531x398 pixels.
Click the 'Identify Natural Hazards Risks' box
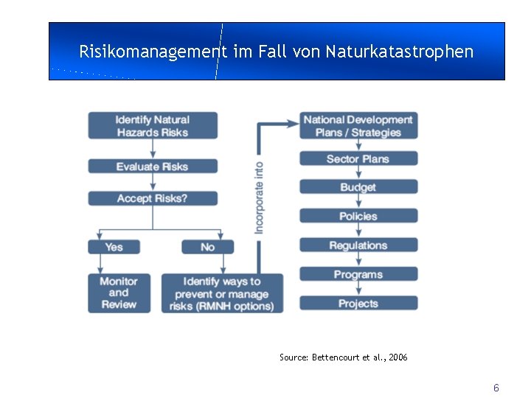pyautogui.click(x=153, y=125)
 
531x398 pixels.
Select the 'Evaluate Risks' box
pyautogui.click(x=153, y=167)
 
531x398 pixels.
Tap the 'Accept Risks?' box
pyautogui.click(x=153, y=198)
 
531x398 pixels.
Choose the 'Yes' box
pyautogui.click(x=114, y=247)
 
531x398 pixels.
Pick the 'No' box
pyautogui.click(x=207, y=247)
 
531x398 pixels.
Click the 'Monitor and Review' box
pyautogui.click(x=119, y=293)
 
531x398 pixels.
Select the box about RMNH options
pyautogui.click(x=222, y=293)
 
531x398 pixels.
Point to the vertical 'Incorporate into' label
pyautogui.click(x=259, y=198)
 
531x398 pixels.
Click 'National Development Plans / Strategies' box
pyautogui.click(x=358, y=125)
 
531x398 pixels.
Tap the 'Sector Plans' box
pyautogui.click(x=358, y=158)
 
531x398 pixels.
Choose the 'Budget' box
pyautogui.click(x=358, y=187)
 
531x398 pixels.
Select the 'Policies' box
pyautogui.click(x=358, y=216)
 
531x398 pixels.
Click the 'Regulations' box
pyautogui.click(x=358, y=245)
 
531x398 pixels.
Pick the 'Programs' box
pyautogui.click(x=358, y=274)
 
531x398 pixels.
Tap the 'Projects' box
pyautogui.click(x=358, y=303)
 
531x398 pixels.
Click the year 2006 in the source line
pyautogui.click(x=398, y=357)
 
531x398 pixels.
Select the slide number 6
pyautogui.click(x=496, y=388)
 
